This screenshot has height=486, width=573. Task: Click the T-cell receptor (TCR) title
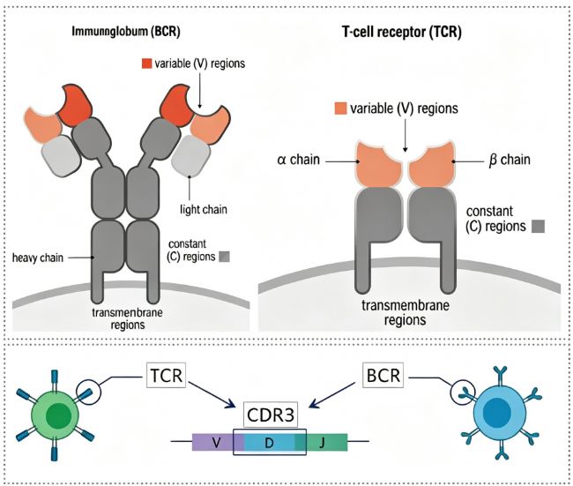click(x=402, y=32)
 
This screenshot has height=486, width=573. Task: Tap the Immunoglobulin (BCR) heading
click(x=126, y=32)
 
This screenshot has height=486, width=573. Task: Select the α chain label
click(x=298, y=160)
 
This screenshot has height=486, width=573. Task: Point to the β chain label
click(x=510, y=160)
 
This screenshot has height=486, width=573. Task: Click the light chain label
click(x=204, y=209)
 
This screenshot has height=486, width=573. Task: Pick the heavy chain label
click(x=38, y=258)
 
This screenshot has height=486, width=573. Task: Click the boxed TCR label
click(x=167, y=375)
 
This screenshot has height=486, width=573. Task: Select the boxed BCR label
click(x=383, y=375)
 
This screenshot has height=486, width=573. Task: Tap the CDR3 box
click(x=271, y=415)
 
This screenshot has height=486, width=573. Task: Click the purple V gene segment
click(x=217, y=443)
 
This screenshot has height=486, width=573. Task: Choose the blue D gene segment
click(x=270, y=443)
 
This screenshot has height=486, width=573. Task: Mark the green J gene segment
click(x=322, y=443)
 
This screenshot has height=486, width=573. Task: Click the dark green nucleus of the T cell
click(x=58, y=416)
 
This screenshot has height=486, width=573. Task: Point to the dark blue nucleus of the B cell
click(x=497, y=411)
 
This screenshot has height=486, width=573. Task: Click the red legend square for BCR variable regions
click(x=146, y=64)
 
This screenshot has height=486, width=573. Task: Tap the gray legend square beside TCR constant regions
click(x=538, y=227)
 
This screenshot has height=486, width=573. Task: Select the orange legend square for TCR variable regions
click(x=340, y=108)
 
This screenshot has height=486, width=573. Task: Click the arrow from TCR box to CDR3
click(x=212, y=394)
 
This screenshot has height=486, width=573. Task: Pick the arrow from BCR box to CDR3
click(x=332, y=394)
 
